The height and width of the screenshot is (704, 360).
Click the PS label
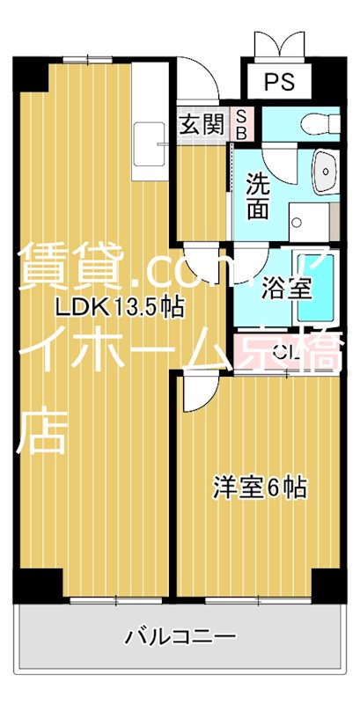tap(279, 83)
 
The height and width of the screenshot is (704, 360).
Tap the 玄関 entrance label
tap(202, 125)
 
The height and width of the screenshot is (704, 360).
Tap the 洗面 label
tap(257, 195)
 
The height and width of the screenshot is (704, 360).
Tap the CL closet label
tap(283, 354)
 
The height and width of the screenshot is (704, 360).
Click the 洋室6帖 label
tap(261, 487)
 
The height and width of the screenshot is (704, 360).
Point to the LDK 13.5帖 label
tap(119, 307)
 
